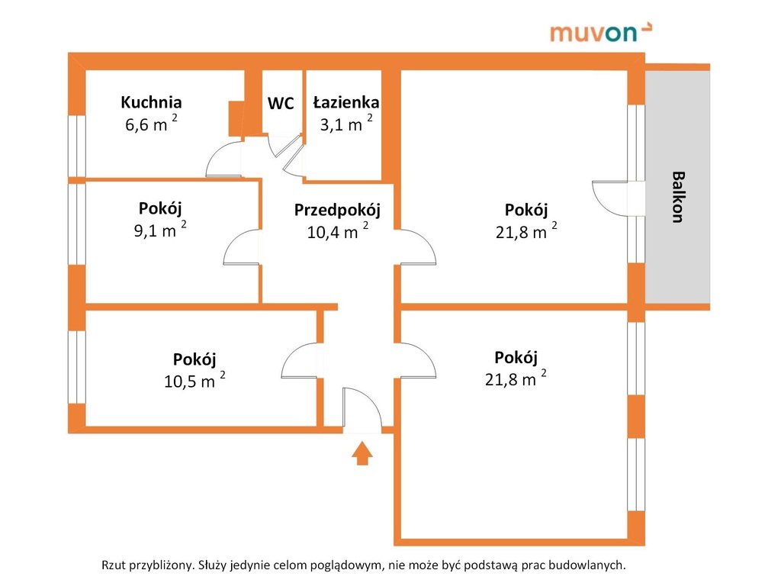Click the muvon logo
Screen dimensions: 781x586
pyautogui.click(x=601, y=32)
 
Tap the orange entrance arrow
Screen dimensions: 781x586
pyautogui.click(x=362, y=453)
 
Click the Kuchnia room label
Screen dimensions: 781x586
pyautogui.click(x=151, y=102)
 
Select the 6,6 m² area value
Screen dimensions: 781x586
pyautogui.click(x=151, y=123)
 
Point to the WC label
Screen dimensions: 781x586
pyautogui.click(x=281, y=103)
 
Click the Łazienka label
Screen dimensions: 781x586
pyautogui.click(x=346, y=102)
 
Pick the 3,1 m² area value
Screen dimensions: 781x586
pyautogui.click(x=346, y=123)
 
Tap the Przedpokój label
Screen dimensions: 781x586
pyautogui.click(x=337, y=211)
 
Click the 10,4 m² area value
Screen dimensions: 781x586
pyautogui.click(x=337, y=230)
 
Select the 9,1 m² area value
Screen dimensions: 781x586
pyautogui.click(x=160, y=229)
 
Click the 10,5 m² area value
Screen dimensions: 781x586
pyautogui.click(x=194, y=380)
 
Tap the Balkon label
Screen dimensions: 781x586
pyautogui.click(x=677, y=197)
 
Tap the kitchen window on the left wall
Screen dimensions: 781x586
pyautogui.click(x=77, y=146)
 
